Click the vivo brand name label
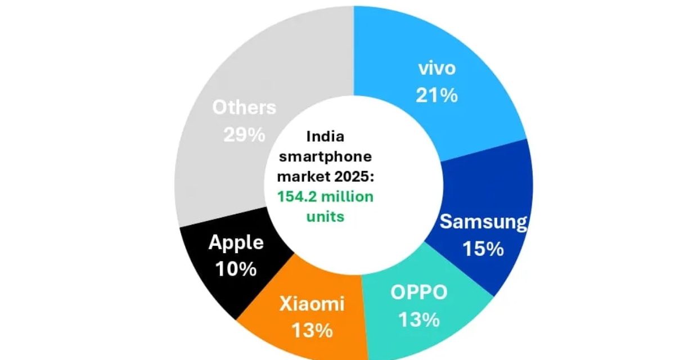436,69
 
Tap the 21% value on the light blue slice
436,95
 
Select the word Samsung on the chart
483,222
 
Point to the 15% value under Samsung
483,249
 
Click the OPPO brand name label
418,293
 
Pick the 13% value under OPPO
418,319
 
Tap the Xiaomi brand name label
312,304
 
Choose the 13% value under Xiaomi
312,331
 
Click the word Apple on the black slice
236,242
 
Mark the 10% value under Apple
236,269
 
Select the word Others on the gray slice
244,107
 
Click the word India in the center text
325,136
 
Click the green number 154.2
297,196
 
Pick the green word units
325,216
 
